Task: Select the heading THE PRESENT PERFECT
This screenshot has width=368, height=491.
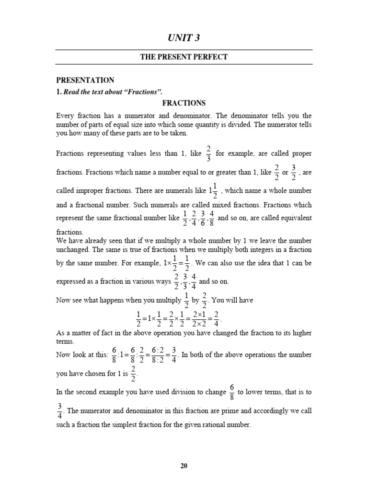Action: [x=184, y=57]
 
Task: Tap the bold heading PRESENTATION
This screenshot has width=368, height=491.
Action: [x=85, y=80]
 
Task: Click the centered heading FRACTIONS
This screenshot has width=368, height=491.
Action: [x=184, y=103]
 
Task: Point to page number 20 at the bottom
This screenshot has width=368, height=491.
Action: [x=184, y=466]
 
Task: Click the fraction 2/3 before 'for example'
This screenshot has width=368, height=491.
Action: [x=208, y=153]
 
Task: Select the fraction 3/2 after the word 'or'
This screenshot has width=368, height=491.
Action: [x=293, y=171]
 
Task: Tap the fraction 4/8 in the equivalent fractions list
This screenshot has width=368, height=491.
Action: [x=212, y=218]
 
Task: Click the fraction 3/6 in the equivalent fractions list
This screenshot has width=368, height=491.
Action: [x=203, y=218]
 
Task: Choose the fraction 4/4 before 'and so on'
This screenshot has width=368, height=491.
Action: [x=193, y=281]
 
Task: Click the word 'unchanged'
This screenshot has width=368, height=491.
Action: [x=72, y=249]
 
